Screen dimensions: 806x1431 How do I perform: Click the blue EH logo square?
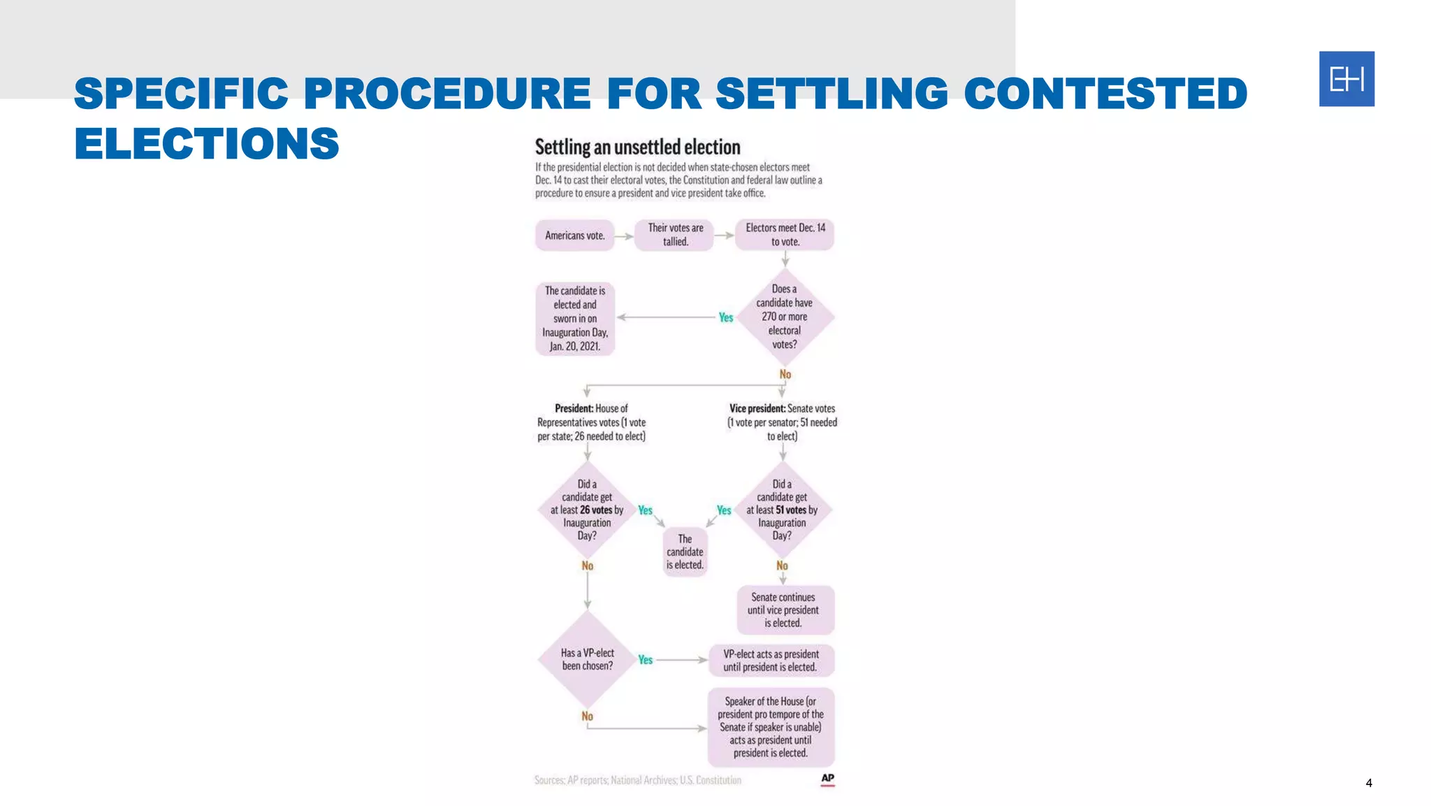(x=1346, y=79)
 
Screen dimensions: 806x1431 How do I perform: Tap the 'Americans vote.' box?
(x=575, y=236)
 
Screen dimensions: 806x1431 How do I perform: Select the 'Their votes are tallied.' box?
(x=675, y=235)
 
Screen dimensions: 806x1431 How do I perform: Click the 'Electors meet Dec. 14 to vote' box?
(x=785, y=235)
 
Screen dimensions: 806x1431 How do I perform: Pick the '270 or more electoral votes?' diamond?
(x=785, y=317)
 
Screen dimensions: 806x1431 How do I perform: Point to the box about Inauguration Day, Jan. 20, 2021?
(x=575, y=319)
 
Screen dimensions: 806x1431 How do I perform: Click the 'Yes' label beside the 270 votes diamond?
(x=726, y=317)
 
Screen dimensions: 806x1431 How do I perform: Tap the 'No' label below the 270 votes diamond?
(x=785, y=375)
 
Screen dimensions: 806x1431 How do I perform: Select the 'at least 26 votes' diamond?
(x=587, y=510)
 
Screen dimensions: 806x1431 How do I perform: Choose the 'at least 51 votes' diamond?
(x=782, y=510)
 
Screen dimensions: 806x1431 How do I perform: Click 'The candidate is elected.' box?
(x=685, y=552)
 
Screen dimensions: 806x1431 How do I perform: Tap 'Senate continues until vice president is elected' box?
(x=784, y=610)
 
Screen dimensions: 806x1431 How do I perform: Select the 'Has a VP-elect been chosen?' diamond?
(x=588, y=659)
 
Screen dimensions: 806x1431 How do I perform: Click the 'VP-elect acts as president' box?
(x=771, y=661)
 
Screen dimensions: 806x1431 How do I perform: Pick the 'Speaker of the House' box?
(x=771, y=727)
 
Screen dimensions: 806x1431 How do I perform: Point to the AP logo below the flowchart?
(x=827, y=779)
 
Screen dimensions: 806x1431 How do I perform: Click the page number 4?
(x=1368, y=783)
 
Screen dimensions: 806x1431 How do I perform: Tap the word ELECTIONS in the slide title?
(x=207, y=144)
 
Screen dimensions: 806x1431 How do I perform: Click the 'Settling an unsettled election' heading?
(x=637, y=147)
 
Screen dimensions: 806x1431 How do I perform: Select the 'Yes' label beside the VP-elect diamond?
(x=645, y=660)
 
